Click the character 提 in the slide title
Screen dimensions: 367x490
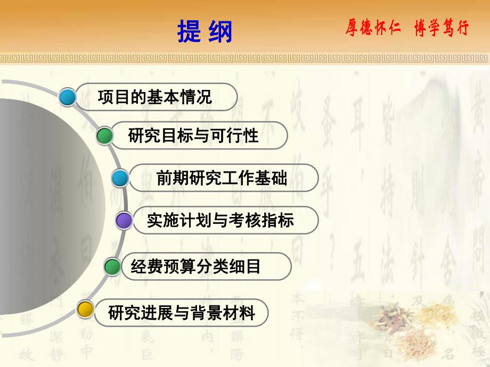[190, 31]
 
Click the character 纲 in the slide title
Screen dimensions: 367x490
[220, 31]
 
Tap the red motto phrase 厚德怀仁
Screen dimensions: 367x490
[373, 28]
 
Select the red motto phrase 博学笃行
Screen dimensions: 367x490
[442, 28]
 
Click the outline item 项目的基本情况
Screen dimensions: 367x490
[155, 97]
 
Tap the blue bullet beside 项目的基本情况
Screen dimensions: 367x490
[68, 97]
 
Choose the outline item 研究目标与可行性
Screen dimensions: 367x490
[193, 136]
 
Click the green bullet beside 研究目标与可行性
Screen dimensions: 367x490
[105, 136]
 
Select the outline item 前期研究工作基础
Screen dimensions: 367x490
[222, 178]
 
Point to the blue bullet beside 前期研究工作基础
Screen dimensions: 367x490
[120, 178]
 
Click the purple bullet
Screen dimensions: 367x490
[124, 220]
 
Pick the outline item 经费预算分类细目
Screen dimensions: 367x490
[195, 266]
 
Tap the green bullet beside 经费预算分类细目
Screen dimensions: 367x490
[112, 266]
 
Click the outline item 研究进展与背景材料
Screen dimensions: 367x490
[181, 312]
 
